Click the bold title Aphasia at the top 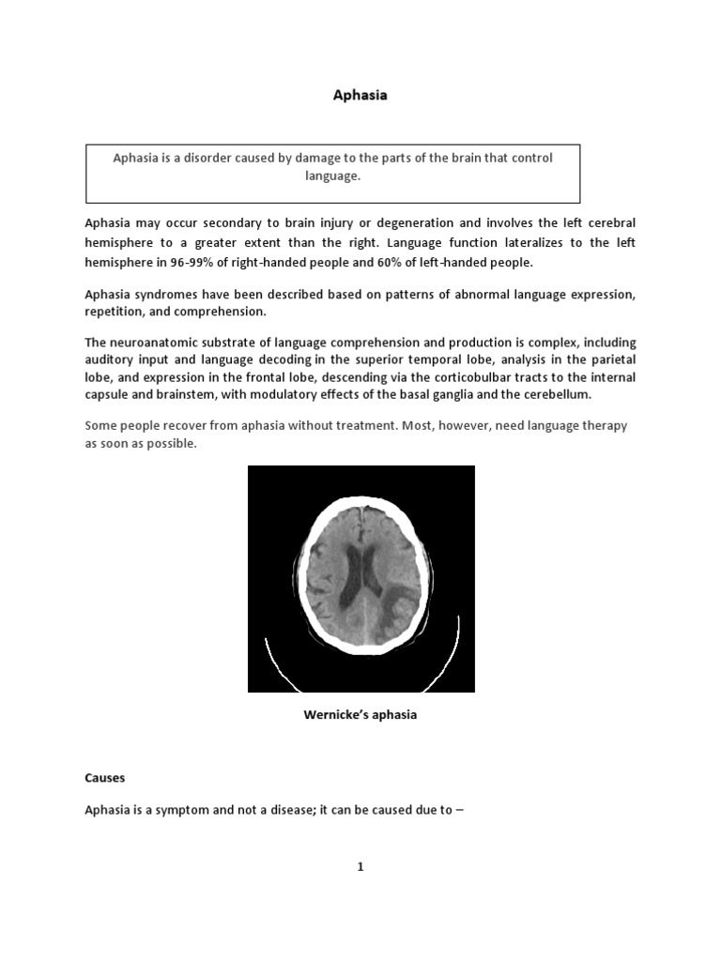(x=361, y=95)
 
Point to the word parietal (x=612, y=359)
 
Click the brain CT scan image (x=361, y=579)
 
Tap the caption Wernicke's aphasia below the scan (x=360, y=715)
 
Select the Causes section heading (x=105, y=778)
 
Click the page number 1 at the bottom (x=360, y=866)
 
